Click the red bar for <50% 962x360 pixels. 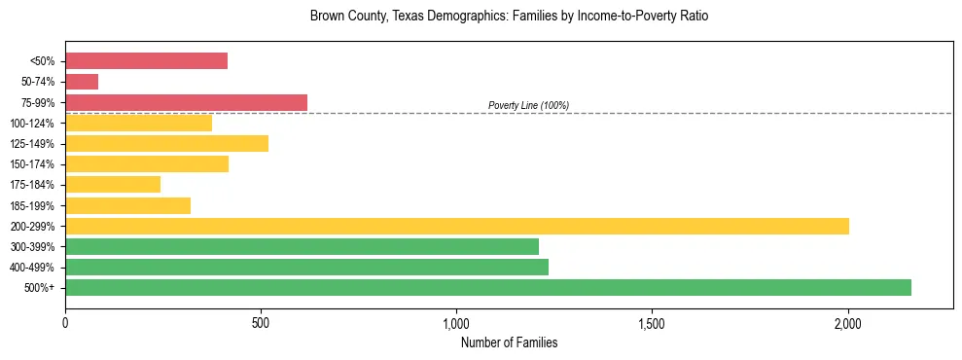tap(146, 61)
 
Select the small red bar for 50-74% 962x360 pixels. tap(82, 82)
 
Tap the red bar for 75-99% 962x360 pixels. tap(186, 102)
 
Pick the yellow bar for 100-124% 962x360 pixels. tap(138, 123)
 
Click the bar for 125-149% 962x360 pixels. tap(166, 144)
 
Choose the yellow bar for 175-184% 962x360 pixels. tap(113, 185)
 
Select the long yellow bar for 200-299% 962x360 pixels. tap(456, 226)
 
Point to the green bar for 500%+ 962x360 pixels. tap(487, 287)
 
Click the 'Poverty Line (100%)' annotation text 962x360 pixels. tap(528, 105)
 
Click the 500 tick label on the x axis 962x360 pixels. tap(261, 323)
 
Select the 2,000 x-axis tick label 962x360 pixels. tap(847, 323)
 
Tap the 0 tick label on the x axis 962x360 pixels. tap(65, 323)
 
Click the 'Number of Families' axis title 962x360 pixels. tap(509, 342)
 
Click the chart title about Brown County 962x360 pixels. tap(509, 17)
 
